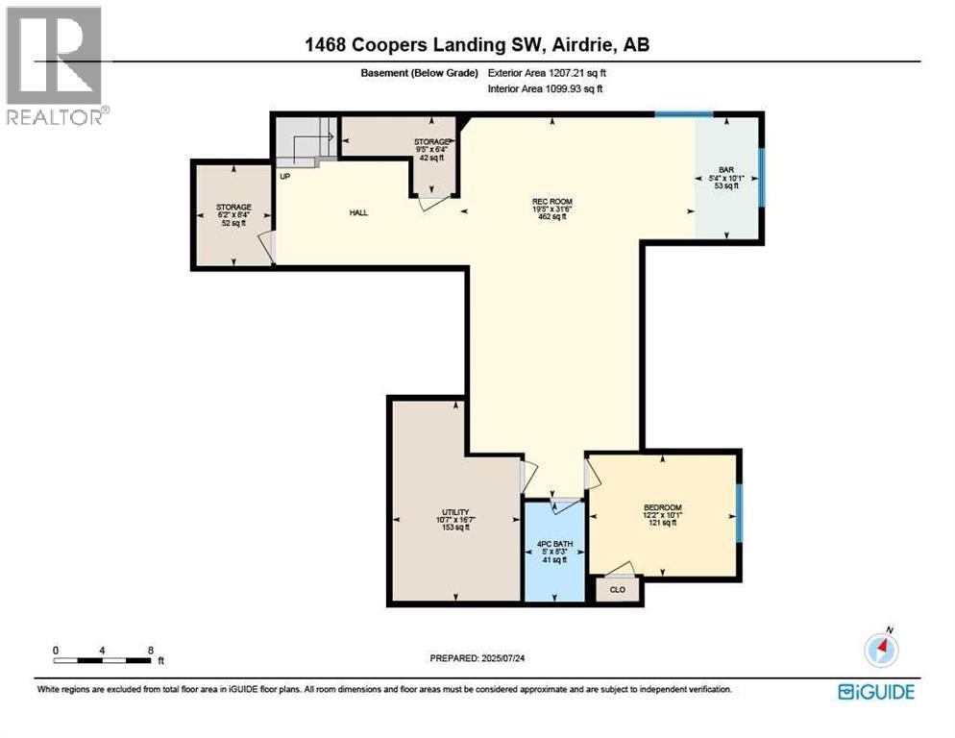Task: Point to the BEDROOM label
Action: [662, 507]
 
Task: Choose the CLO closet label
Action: [617, 589]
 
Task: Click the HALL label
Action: [359, 212]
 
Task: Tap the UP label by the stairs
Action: [284, 177]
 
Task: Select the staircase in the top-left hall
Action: [306, 141]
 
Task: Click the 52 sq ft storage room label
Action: [233, 207]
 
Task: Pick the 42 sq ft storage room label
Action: [432, 142]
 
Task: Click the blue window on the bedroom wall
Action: [739, 511]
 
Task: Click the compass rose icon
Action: [881, 650]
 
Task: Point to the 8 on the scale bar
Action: [151, 651]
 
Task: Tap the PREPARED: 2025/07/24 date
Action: [477, 657]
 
